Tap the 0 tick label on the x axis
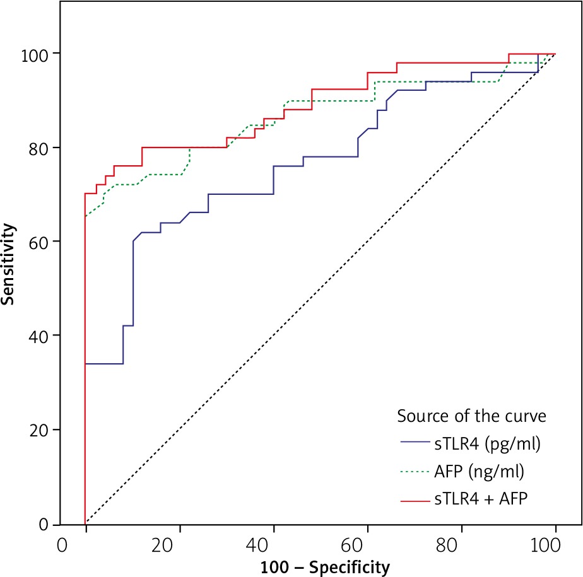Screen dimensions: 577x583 tap(62, 544)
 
